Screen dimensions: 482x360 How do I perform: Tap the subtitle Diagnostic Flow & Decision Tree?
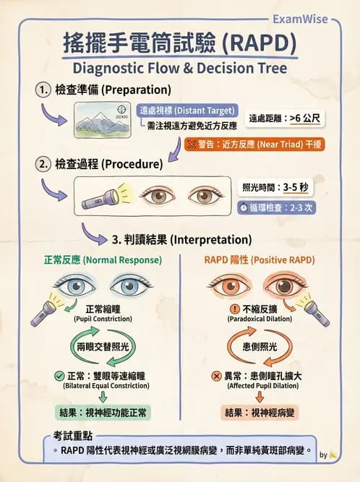pyautogui.click(x=180, y=69)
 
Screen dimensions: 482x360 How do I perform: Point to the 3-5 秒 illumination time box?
pyautogui.click(x=275, y=187)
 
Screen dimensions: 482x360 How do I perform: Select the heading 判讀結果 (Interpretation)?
pyautogui.click(x=181, y=238)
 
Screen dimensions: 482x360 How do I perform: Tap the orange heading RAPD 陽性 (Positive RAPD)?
pyautogui.click(x=261, y=259)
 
